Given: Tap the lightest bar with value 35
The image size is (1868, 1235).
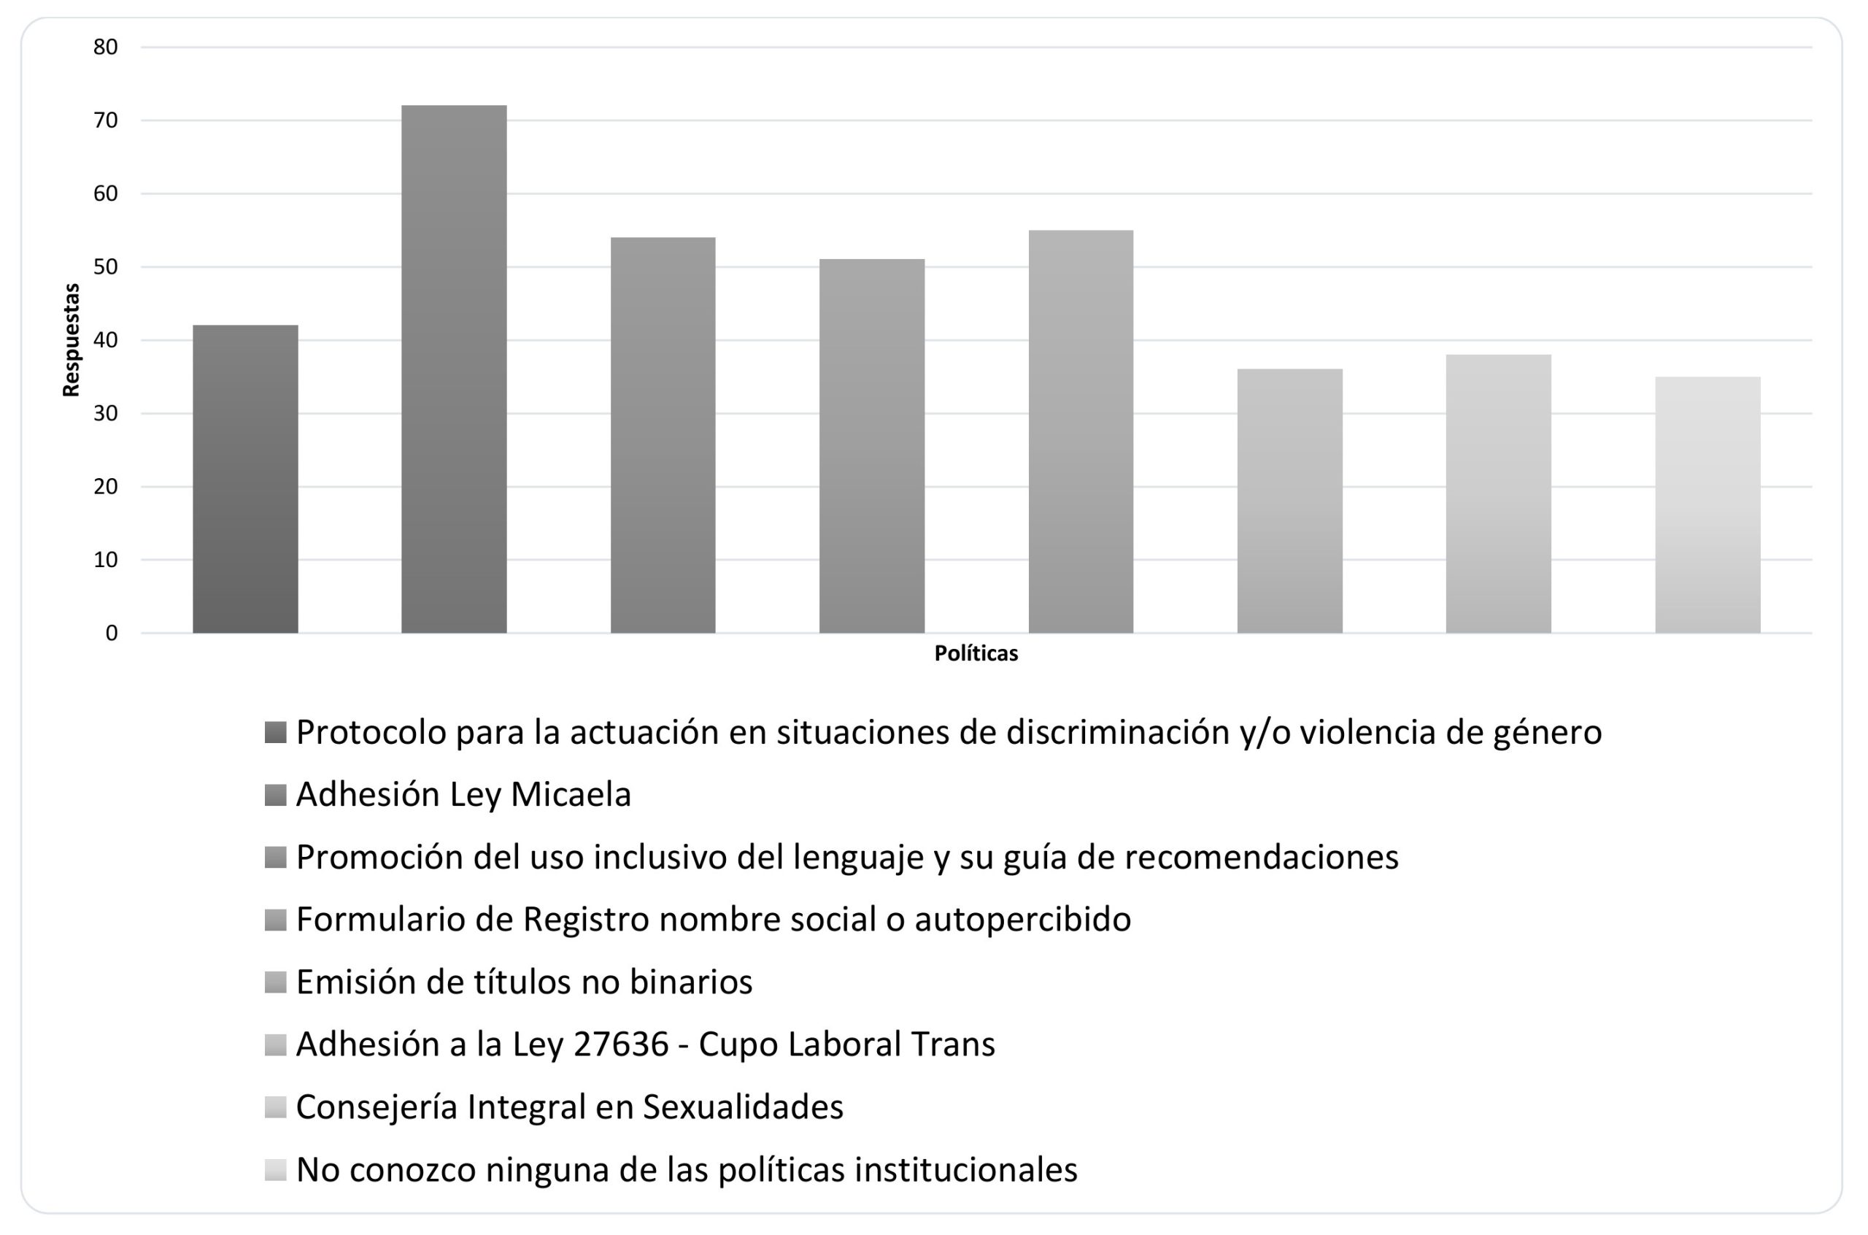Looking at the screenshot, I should click(1707, 505).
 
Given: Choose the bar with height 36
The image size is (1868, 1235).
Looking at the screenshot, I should click(1289, 501).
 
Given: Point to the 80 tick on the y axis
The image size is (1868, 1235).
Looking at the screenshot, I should click(106, 47).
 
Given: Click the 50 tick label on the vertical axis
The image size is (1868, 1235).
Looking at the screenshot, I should click(106, 267).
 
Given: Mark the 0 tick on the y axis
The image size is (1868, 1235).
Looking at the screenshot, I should click(111, 634).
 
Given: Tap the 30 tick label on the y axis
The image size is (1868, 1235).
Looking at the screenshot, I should click(106, 414).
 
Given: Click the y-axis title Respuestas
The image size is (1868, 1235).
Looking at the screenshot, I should click(72, 339).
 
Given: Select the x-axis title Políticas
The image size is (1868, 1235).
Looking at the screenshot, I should click(976, 654).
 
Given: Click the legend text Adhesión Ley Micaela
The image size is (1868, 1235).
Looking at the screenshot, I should click(463, 795).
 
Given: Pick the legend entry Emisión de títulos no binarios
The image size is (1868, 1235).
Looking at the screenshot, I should click(523, 982).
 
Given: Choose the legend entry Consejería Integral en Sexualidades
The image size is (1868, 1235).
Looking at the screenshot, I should click(569, 1107).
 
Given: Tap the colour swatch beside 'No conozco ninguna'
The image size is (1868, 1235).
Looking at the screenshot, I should click(275, 1169).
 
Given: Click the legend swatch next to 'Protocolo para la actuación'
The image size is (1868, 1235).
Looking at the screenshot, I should click(275, 733).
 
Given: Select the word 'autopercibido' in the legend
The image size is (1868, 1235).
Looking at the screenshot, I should click(1022, 920).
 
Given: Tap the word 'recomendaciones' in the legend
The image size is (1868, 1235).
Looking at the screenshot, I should click(1261, 857).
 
